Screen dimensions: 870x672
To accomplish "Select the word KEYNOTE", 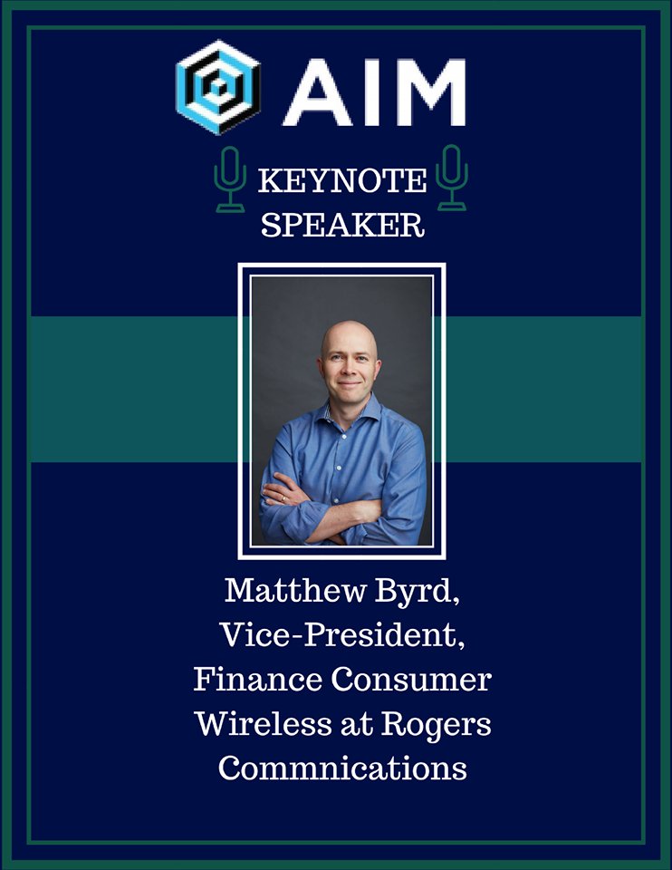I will point(341,182).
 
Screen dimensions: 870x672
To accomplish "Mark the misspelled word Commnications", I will point(342,768).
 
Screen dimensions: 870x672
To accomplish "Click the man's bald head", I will point(349,337).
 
